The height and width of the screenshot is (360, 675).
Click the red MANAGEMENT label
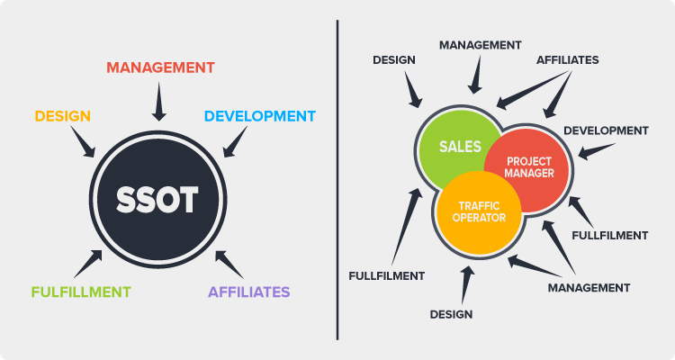[x=160, y=67]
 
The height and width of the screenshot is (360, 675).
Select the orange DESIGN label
[x=63, y=116]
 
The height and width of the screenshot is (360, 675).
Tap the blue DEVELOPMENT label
[x=260, y=116]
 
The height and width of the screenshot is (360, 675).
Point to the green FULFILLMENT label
[x=81, y=292]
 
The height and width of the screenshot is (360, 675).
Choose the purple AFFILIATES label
[x=248, y=292]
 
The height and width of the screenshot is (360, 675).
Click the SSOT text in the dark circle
[x=157, y=200]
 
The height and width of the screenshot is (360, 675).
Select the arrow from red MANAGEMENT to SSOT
[x=158, y=102]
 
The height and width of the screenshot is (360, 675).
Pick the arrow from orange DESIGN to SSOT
[x=83, y=141]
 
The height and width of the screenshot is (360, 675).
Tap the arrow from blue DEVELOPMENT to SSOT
[x=235, y=141]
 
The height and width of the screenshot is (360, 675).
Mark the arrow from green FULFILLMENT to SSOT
[x=88, y=264]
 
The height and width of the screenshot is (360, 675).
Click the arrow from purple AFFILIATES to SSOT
[x=229, y=265]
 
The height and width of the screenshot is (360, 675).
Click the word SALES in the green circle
[x=460, y=147]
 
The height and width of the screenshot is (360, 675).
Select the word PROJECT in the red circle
[x=529, y=161]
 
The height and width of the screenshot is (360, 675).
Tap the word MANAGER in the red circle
[x=529, y=173]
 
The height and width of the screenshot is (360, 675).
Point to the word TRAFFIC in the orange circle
[x=479, y=206]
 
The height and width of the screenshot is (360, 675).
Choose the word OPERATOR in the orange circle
[x=479, y=218]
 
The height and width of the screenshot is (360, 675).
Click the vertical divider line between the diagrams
[x=337, y=180]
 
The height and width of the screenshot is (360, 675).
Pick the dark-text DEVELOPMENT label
[x=606, y=130]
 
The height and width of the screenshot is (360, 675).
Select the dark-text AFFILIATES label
[x=567, y=60]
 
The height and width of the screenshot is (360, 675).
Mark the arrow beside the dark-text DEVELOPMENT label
[x=596, y=151]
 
